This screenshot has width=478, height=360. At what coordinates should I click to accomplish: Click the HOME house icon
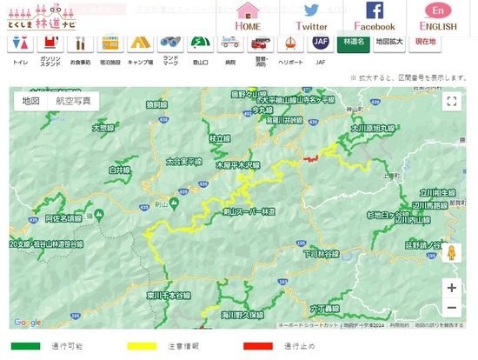click(x=248, y=10)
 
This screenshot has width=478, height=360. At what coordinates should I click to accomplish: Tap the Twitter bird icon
click(x=311, y=10)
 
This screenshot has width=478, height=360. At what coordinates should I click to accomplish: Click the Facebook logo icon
click(x=375, y=10)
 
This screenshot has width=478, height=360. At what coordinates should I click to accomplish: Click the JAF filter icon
click(x=321, y=41)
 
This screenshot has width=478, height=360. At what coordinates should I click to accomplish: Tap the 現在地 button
click(x=426, y=41)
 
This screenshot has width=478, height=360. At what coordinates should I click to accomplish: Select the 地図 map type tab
click(x=31, y=101)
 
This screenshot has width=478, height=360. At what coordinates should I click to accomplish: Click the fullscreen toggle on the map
click(x=451, y=101)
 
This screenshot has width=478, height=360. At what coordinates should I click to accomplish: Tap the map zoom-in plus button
click(x=451, y=287)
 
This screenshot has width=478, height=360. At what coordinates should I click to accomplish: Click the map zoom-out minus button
click(x=451, y=307)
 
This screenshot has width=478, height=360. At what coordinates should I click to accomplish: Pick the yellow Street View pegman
click(x=451, y=252)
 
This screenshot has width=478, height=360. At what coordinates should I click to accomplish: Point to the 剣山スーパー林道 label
click(x=249, y=211)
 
